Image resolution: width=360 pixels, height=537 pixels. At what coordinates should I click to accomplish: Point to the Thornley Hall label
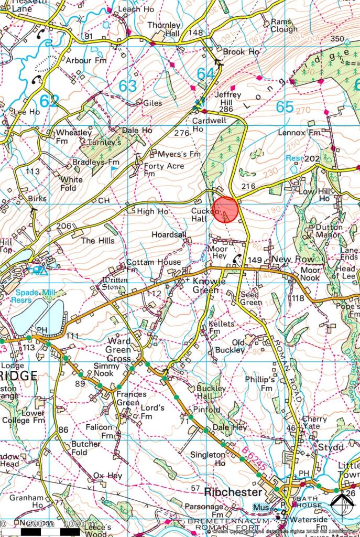click(164, 29)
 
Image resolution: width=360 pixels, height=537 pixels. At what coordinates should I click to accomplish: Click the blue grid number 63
click(127, 85)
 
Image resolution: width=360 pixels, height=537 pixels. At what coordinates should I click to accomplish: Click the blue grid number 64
click(205, 74)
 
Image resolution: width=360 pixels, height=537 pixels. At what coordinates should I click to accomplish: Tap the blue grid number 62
click(48, 101)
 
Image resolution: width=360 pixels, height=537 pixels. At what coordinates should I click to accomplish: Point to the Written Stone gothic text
click(114, 284)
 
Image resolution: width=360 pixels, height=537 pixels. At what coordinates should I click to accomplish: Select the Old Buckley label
click(231, 346)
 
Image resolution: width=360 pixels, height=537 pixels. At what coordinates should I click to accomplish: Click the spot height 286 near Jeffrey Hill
click(226, 109)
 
